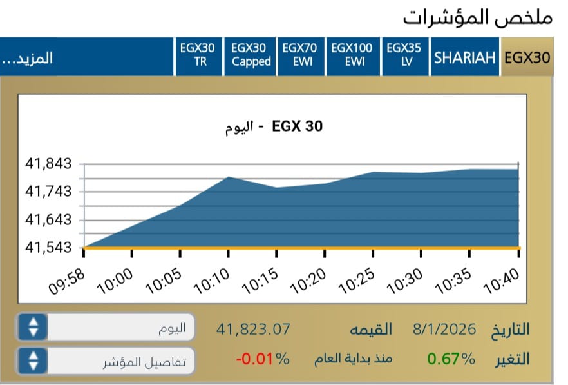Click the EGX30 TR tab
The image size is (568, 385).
click(x=200, y=55)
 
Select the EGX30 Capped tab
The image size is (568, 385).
click(x=251, y=55)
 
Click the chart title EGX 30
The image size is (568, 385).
click(x=296, y=126)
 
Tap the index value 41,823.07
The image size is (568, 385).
click(x=253, y=330)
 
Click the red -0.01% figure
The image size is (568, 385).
click(x=262, y=359)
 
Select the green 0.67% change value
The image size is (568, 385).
click(x=451, y=359)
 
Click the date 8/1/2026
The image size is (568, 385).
click(x=444, y=330)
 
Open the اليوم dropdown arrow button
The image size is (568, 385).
click(x=33, y=328)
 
